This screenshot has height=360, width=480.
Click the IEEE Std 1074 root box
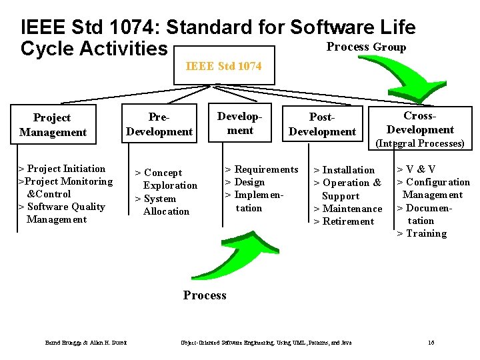(223, 66)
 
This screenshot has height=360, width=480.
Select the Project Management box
(53, 125)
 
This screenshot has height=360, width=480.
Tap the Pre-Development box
(159, 125)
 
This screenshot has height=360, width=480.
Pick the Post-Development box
(322, 125)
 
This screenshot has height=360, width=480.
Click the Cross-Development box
(420, 123)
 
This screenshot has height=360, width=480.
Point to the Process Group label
(366, 47)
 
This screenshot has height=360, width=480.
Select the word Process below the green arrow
(205, 295)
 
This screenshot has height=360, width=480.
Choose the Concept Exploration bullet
(167, 179)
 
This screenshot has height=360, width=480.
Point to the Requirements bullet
(261, 169)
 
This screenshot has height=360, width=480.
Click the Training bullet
(422, 233)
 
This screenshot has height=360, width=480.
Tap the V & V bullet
(417, 169)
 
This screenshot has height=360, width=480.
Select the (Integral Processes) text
(420, 143)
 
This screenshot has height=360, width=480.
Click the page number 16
(431, 343)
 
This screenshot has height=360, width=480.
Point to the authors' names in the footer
(87, 343)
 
